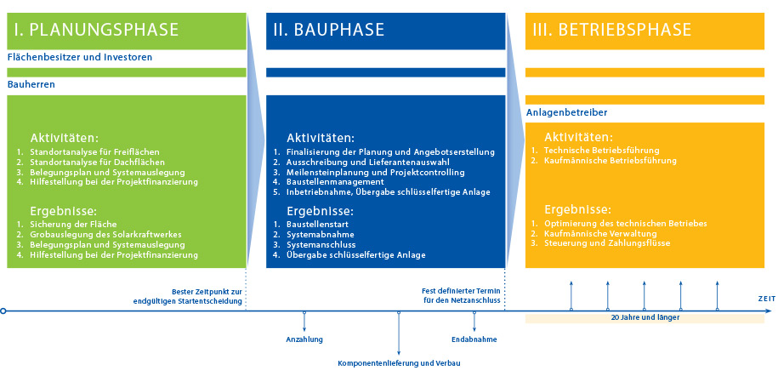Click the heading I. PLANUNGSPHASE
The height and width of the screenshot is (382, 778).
pos(95,30)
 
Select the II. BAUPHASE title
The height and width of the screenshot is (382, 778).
pos(329,30)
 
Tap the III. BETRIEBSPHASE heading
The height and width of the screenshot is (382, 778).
pos(611,30)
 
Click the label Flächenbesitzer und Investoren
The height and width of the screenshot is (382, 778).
pos(80,58)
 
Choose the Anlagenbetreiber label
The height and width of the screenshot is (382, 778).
pos(566,112)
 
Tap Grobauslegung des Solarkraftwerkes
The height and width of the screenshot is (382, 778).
pos(105,235)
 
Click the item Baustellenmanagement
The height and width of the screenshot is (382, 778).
pos(335,181)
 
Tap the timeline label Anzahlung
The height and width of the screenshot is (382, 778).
pos(304,339)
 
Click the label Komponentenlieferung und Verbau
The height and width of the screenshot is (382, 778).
pos(399,363)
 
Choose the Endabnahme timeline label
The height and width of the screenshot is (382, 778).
pos(474,339)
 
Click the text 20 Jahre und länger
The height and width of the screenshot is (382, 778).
pos(645,317)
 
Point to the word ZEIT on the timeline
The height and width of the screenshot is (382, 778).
pos(766,299)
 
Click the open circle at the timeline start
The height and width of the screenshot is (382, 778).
pos(4,311)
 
